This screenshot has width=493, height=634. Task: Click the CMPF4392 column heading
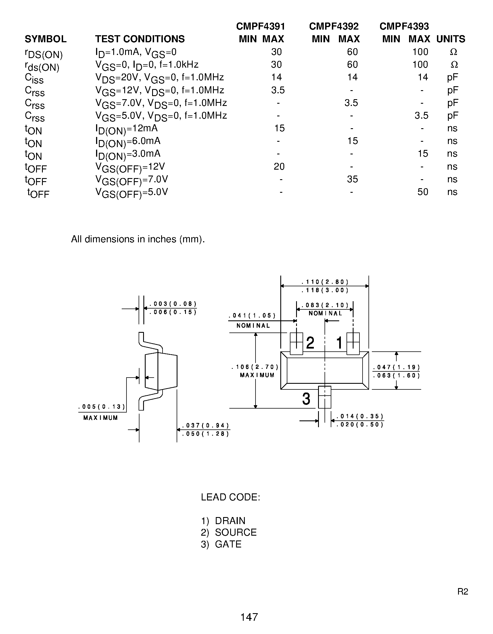(334, 26)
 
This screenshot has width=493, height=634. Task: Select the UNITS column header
(451, 39)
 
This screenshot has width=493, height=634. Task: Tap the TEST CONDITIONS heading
(140, 39)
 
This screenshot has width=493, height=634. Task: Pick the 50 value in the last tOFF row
(423, 192)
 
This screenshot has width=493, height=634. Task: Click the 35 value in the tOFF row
(352, 179)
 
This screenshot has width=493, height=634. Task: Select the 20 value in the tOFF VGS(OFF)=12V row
(279, 166)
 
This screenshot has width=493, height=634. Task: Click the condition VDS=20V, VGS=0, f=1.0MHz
(160, 78)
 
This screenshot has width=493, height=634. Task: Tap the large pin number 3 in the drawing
(306, 399)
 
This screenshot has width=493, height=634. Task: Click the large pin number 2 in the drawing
(310, 343)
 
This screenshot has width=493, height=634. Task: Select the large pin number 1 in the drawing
(339, 343)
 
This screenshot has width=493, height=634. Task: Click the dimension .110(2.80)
(325, 282)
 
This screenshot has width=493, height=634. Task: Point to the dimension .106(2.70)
(255, 367)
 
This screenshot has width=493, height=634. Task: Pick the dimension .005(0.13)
(102, 407)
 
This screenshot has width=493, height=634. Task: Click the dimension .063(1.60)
(396, 376)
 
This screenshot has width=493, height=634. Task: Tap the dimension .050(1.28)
(206, 434)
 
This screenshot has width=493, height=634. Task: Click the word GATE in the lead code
(228, 544)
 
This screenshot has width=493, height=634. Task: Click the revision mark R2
(463, 591)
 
